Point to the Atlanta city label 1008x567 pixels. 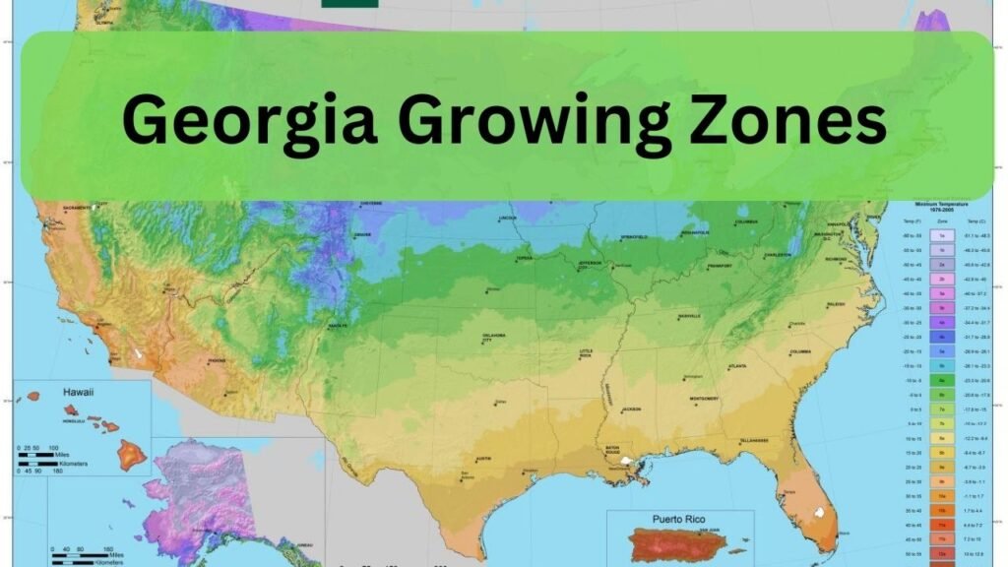pyautogui.click(x=736, y=366)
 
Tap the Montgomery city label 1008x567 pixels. pyautogui.click(x=704, y=398)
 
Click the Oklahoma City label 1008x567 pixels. pyautogui.click(x=493, y=338)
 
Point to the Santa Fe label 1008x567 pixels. pyautogui.click(x=339, y=326)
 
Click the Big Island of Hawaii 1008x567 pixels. pyautogui.click(x=132, y=454)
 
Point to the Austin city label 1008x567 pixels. pyautogui.click(x=482, y=459)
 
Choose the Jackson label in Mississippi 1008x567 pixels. pyautogui.click(x=631, y=409)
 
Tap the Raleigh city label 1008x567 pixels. pyautogui.click(x=835, y=305)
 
